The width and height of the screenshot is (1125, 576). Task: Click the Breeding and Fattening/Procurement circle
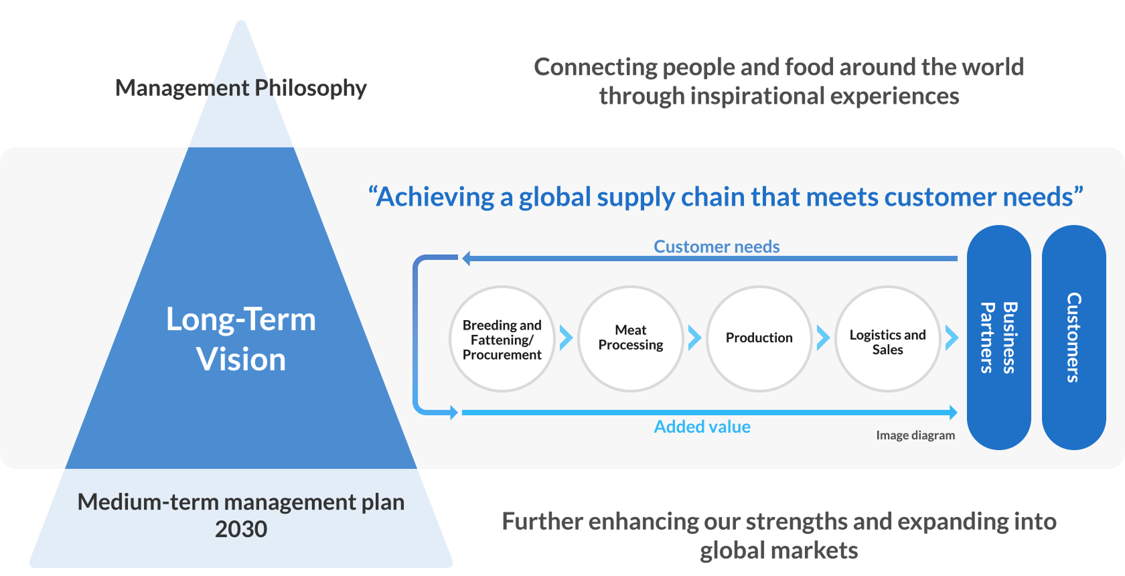[x=502, y=339]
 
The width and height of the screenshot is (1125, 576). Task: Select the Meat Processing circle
[x=631, y=339]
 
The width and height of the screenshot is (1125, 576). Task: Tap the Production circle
[x=759, y=339]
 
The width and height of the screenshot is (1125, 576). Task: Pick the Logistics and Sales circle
[x=888, y=339]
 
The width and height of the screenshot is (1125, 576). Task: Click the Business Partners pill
[x=998, y=338]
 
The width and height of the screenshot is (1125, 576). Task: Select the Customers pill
[x=1073, y=338]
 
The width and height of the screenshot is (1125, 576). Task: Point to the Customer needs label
[x=717, y=246]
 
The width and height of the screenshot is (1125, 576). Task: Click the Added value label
[x=702, y=427]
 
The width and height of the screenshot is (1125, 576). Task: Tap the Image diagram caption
[x=915, y=435]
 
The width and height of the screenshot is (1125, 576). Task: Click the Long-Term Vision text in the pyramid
[x=241, y=339]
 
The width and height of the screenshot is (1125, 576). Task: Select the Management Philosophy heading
[x=241, y=88]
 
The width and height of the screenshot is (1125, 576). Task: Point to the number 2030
[x=241, y=529]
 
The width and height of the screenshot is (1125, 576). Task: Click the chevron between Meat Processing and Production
[x=694, y=338]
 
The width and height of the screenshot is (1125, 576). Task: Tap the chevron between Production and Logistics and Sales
[x=823, y=338]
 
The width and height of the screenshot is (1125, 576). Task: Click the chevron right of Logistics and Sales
[x=952, y=338]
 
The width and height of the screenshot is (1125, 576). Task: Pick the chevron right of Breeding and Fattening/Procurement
[x=566, y=338]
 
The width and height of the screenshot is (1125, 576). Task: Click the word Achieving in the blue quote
[x=435, y=197]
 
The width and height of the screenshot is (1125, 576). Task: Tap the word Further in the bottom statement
[x=542, y=521]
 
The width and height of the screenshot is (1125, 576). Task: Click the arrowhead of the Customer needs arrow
[x=467, y=258]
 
